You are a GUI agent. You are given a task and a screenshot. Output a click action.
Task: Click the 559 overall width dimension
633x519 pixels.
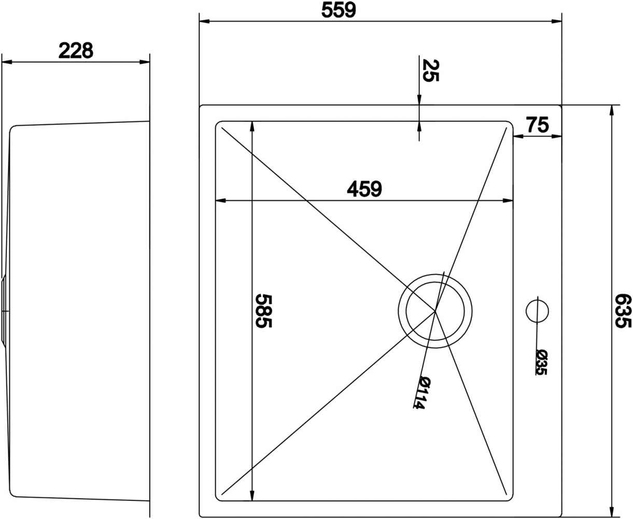pyautogui.click(x=339, y=10)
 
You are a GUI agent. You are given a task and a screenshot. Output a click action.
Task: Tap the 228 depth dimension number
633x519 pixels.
pyautogui.click(x=76, y=50)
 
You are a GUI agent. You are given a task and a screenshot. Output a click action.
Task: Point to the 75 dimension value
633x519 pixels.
pyautogui.click(x=538, y=125)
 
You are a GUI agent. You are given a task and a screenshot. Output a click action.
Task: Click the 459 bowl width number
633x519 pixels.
pyautogui.click(x=364, y=189)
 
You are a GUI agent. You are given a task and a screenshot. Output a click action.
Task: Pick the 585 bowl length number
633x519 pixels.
pyautogui.click(x=263, y=311)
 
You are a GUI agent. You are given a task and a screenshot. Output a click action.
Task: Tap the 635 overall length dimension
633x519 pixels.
pyautogui.click(x=623, y=311)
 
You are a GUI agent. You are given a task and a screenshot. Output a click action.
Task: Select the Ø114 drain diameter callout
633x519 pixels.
pyautogui.click(x=423, y=392)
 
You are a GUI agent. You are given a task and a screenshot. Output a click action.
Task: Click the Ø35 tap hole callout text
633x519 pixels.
pyautogui.click(x=542, y=362)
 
